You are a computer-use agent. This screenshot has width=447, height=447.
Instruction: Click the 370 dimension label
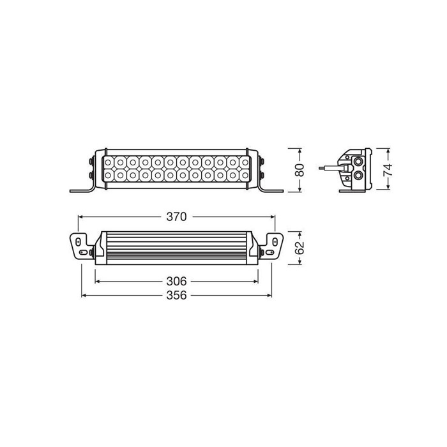coord(176,217)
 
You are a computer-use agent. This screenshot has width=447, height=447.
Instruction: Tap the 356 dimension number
coord(176,296)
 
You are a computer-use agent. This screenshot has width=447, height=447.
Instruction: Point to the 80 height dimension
coord(301,169)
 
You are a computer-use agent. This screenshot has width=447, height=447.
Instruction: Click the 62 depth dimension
coord(301,247)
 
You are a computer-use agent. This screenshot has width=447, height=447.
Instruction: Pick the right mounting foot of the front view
coord(271,190)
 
